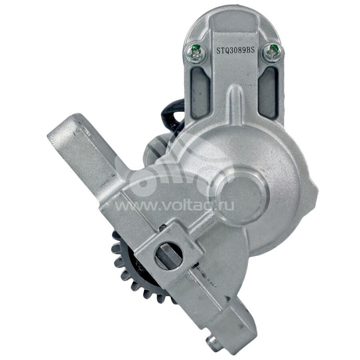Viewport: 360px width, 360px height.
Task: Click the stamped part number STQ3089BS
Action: pyautogui.click(x=236, y=50)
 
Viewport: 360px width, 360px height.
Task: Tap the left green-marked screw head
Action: pyautogui.click(x=196, y=53)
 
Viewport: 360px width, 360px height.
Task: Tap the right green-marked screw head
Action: pyautogui.click(x=272, y=53)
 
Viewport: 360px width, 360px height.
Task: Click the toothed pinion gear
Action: pyautogui.click(x=135, y=271)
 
